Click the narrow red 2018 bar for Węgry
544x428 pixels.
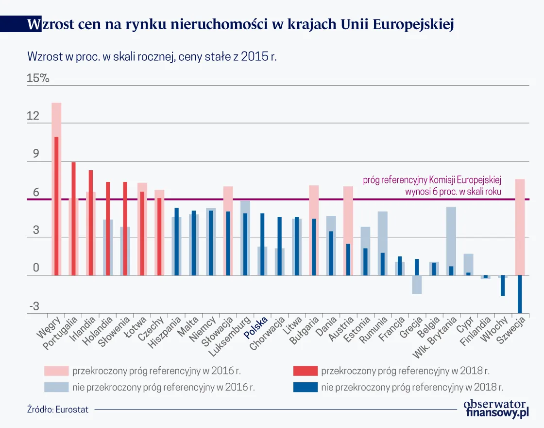56,206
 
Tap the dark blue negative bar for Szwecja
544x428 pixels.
520,294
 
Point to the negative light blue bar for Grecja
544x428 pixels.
417,285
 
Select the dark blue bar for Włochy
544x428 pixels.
503,286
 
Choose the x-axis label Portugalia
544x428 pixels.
61,333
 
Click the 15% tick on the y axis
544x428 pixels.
38,78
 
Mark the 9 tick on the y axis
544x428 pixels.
35,154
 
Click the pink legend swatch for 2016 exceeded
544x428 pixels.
56,371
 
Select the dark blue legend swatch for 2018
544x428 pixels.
305,387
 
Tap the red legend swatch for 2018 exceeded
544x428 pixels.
305,371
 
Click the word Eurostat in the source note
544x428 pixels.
72,410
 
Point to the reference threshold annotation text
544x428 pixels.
432,186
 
